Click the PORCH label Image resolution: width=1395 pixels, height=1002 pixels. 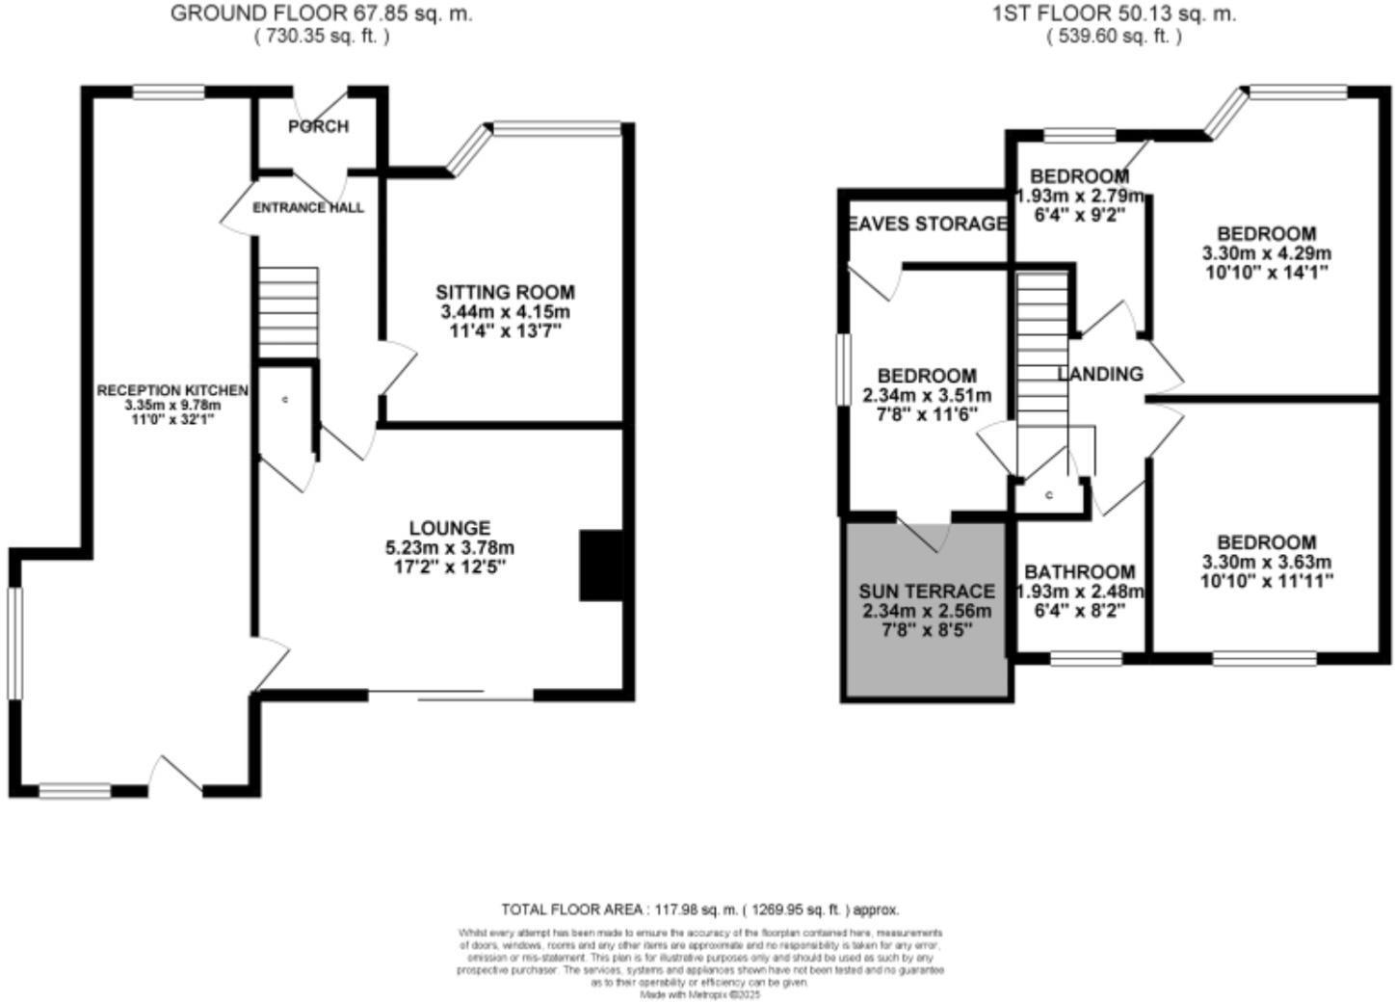point(318,126)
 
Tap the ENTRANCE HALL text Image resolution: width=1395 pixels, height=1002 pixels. point(308,207)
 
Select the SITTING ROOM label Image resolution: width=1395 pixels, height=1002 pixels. point(505,292)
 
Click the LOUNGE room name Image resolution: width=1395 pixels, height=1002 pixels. point(449,528)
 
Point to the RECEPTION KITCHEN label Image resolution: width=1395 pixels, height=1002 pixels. point(172,390)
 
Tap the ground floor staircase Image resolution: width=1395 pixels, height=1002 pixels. point(288,312)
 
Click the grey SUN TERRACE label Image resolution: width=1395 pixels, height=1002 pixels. point(927,591)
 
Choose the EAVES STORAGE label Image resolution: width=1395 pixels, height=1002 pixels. point(928,224)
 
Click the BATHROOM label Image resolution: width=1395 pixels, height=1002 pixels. point(1079,571)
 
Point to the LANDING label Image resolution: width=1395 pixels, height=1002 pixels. point(1100,374)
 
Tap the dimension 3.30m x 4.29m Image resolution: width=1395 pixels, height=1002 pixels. point(1266,253)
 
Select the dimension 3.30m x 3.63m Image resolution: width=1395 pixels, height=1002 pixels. point(1266,562)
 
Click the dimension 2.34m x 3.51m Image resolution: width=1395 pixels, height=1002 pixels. point(927,395)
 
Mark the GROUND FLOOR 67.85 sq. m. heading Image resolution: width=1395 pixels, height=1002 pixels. point(322,14)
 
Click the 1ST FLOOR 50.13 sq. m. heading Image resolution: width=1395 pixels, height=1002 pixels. point(1114,14)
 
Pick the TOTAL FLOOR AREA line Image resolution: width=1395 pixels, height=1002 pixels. point(699,909)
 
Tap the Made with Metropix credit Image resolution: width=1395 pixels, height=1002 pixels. point(700,994)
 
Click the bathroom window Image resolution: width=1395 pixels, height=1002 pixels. point(1086,659)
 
